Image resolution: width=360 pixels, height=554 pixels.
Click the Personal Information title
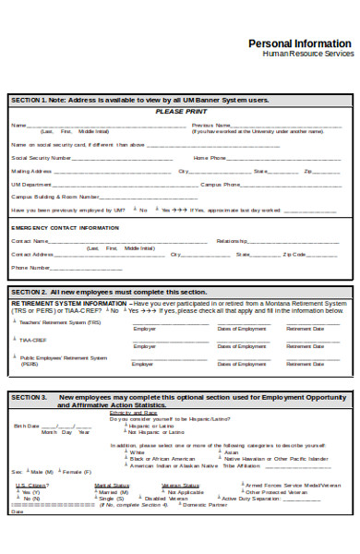coord(301,43)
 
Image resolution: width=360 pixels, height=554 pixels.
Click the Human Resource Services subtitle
coord(308,54)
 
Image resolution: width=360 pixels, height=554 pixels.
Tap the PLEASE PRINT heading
coord(181,111)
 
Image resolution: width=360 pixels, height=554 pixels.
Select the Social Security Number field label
coord(41,158)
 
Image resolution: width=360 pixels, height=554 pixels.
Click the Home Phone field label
coord(210,158)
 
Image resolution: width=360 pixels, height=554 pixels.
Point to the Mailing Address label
coord(31,171)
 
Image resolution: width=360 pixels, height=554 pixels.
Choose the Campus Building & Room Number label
coord(54,197)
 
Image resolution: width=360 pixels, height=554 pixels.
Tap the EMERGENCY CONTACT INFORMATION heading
coord(65,227)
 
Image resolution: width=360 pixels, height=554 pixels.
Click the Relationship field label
coord(232,241)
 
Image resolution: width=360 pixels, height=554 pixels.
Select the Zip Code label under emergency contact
coord(294,254)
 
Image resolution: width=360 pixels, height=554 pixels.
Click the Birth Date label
coord(27,400)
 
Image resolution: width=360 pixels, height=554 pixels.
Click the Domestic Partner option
coord(204,505)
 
